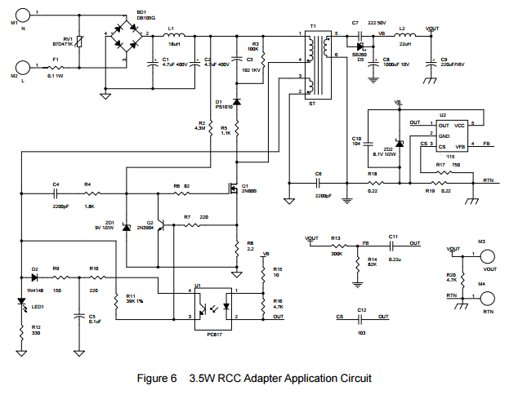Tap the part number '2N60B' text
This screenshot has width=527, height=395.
coord(249,191)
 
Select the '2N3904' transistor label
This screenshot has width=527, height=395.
coord(145,226)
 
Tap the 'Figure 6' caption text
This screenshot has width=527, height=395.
coord(162,379)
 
